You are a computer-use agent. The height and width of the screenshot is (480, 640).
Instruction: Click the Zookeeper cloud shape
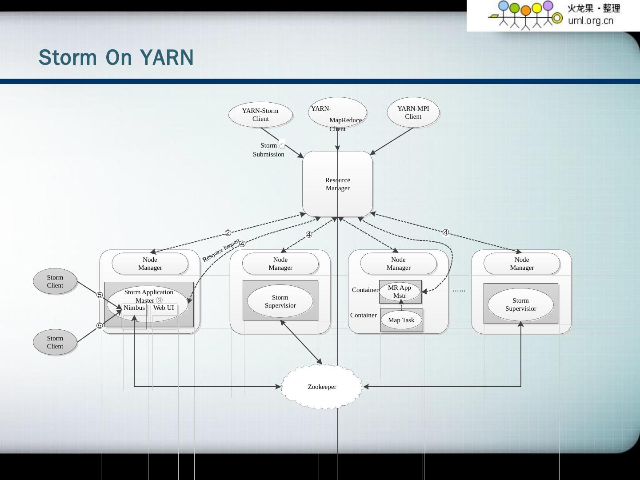tap(322, 387)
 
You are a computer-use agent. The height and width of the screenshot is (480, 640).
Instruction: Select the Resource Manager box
tap(337, 184)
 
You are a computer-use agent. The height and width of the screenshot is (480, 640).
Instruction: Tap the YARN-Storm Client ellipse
tap(260, 115)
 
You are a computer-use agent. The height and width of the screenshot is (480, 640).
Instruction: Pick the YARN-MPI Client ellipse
tap(413, 112)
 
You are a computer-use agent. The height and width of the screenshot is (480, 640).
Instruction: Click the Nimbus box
tap(134, 308)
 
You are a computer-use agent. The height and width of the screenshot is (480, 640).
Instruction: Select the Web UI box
tap(164, 308)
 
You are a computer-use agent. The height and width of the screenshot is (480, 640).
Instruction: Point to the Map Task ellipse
tap(401, 320)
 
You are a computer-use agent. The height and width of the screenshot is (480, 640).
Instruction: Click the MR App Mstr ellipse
tap(400, 292)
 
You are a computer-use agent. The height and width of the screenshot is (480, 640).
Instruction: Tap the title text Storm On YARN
tap(116, 58)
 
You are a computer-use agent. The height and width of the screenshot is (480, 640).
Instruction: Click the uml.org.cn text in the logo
tap(590, 20)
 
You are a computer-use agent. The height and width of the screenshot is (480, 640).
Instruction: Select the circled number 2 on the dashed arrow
tap(228, 233)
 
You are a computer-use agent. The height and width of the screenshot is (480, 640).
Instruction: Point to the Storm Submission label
tap(268, 150)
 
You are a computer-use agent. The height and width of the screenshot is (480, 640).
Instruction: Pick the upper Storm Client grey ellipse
tap(55, 281)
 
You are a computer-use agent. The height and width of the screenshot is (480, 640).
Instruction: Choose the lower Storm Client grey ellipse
tap(55, 342)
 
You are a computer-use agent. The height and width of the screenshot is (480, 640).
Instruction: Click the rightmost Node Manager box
tap(522, 264)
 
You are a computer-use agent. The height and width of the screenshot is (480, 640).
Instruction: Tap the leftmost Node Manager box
tap(150, 264)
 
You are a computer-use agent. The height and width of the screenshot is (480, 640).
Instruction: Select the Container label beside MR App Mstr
tap(365, 290)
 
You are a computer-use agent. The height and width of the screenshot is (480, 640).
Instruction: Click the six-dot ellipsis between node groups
tap(459, 290)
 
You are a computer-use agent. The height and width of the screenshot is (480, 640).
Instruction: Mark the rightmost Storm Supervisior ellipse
tap(520, 304)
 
